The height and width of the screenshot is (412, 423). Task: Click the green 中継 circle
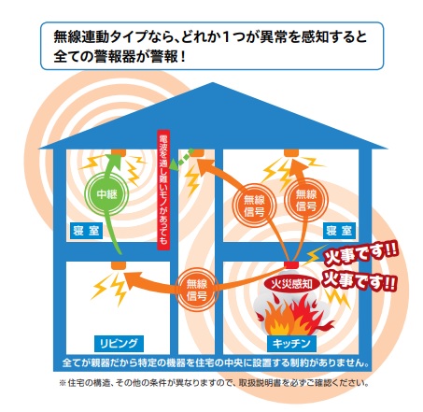coord(107,193)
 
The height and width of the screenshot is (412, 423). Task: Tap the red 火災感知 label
coord(291,283)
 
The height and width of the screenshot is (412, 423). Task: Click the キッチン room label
coord(291,344)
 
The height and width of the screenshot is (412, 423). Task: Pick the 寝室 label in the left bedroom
coord(86,231)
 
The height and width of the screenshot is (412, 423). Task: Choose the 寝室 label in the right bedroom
coord(339,231)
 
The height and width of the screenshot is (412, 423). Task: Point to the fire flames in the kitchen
coord(294,316)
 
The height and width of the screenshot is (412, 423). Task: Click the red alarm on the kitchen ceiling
coord(291,264)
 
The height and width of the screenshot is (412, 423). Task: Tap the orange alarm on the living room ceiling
coord(119,265)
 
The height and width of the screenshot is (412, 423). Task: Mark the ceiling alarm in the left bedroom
coord(119,152)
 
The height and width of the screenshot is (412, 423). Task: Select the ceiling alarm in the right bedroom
coord(291,152)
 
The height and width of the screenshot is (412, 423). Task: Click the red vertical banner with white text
coord(163,191)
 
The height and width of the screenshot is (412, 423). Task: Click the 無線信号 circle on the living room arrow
coord(196,290)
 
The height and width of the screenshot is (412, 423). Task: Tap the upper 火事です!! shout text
coord(360,254)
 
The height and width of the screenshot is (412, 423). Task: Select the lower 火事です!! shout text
coord(360,280)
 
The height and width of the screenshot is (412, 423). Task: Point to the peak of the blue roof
coord(213,82)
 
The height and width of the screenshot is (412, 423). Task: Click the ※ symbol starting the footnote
coord(63,383)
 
